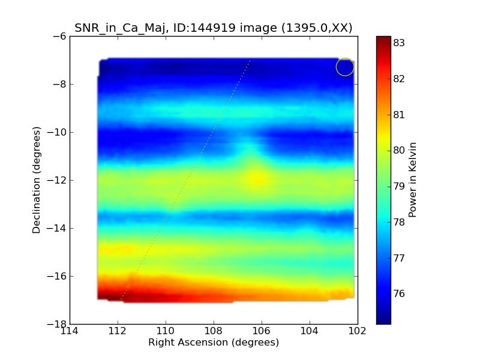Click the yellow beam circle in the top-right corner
coord(345,67)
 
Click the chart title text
coord(213,28)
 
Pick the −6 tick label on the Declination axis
coord(59,36)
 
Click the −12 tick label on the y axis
coord(56,180)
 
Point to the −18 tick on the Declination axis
coord(56,324)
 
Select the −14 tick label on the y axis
coord(56,228)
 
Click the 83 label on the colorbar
coord(399,43)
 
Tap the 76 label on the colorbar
coord(399,294)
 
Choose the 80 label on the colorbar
coord(399,151)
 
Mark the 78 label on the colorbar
coord(399,222)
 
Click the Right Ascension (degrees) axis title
coord(214,343)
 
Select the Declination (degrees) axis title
coord(37,180)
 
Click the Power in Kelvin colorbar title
coord(413,180)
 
